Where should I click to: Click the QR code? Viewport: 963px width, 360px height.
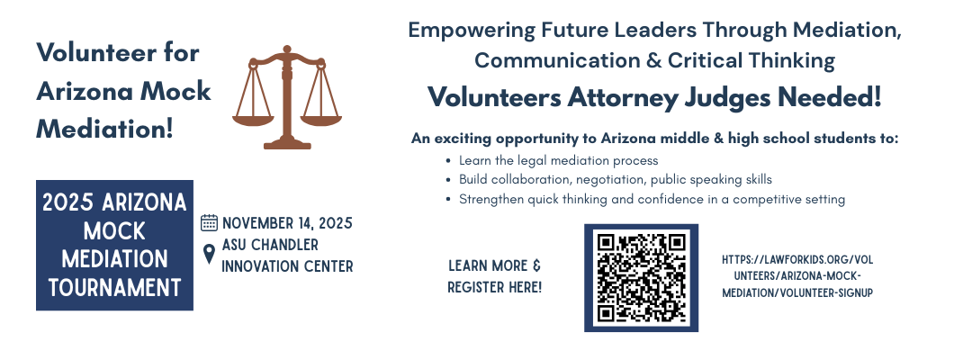[641, 278]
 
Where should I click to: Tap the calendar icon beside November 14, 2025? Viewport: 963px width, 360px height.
[210, 222]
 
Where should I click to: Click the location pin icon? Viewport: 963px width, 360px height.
[209, 254]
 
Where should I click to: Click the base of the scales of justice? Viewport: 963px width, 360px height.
[287, 144]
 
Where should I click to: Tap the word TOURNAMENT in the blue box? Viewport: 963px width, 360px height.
[115, 287]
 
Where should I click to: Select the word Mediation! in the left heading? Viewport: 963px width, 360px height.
[105, 130]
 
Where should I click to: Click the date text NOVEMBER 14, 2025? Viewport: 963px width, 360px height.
[287, 223]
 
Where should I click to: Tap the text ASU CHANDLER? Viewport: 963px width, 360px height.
[270, 245]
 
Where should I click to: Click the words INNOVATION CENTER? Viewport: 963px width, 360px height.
[287, 266]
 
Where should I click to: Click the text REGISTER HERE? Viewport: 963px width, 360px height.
[494, 287]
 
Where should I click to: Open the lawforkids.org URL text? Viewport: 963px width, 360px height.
[797, 276]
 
